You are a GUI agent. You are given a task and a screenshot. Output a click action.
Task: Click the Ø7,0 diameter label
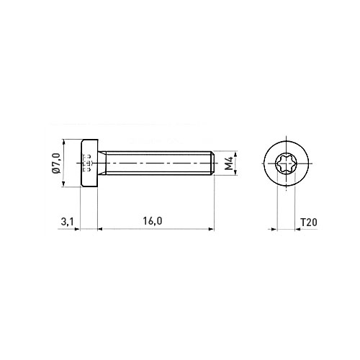tap(56, 163)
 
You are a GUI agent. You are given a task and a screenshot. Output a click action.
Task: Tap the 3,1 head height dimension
tap(67, 222)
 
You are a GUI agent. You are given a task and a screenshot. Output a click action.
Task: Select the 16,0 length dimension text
tap(153, 221)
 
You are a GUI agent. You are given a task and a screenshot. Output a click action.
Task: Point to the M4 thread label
tap(229, 163)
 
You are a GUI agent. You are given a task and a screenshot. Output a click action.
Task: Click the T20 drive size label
tap(309, 222)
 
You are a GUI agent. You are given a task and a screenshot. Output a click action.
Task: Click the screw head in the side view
tap(89, 163)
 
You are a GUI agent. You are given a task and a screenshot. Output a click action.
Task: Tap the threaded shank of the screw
tap(158, 163)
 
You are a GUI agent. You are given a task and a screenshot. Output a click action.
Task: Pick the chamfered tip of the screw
tap(212, 163)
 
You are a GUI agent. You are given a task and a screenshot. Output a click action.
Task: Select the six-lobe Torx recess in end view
tap(286, 163)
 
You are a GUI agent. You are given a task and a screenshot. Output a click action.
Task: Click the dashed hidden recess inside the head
tap(87, 163)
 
